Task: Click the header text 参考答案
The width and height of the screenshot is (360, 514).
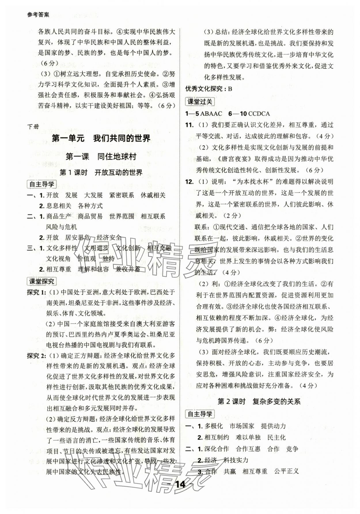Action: (x=38, y=15)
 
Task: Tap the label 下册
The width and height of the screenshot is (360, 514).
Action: (x=33, y=126)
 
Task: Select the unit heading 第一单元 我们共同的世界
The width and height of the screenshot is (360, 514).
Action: (x=101, y=139)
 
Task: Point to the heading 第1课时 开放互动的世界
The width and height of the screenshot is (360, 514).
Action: (x=101, y=172)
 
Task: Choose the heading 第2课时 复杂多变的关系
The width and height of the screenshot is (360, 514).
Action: (x=259, y=401)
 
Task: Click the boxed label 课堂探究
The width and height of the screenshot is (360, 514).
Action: (x=41, y=281)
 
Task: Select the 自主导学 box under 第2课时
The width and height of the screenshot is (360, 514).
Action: (x=200, y=414)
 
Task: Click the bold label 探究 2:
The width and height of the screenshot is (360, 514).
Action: (x=37, y=356)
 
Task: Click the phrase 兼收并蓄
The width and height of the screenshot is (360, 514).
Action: (x=128, y=269)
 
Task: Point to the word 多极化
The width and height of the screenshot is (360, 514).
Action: (x=213, y=426)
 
